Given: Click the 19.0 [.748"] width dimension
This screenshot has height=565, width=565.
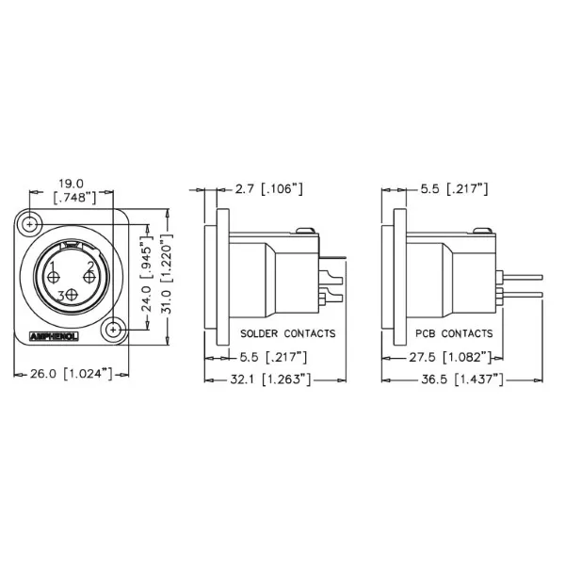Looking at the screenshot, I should pos(72,190).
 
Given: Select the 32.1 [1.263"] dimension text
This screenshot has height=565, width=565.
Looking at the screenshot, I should pos(266,379).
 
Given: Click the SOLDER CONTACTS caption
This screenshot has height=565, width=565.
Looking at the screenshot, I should pos(287,334).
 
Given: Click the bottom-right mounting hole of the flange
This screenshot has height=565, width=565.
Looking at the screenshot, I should pos(114,331).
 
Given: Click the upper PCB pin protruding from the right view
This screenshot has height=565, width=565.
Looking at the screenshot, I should pos(523,275).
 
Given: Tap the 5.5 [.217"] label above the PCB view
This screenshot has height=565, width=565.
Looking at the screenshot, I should pos(453,189).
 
